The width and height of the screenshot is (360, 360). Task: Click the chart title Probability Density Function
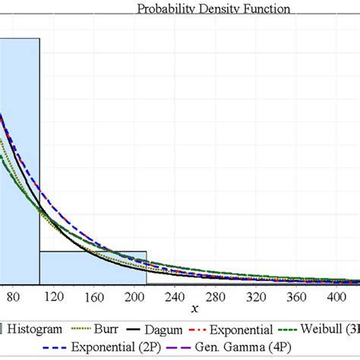pyautogui.click(x=213, y=9)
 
